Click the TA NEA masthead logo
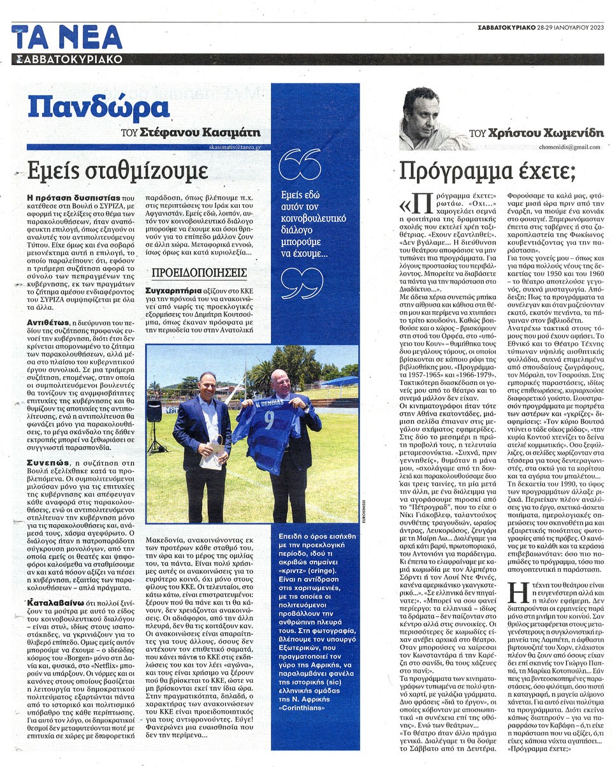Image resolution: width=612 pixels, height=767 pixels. coord(66,38)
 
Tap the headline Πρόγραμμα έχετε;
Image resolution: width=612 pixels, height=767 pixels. coord(487,170)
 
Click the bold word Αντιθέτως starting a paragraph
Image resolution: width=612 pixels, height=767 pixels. coord(45,323)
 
